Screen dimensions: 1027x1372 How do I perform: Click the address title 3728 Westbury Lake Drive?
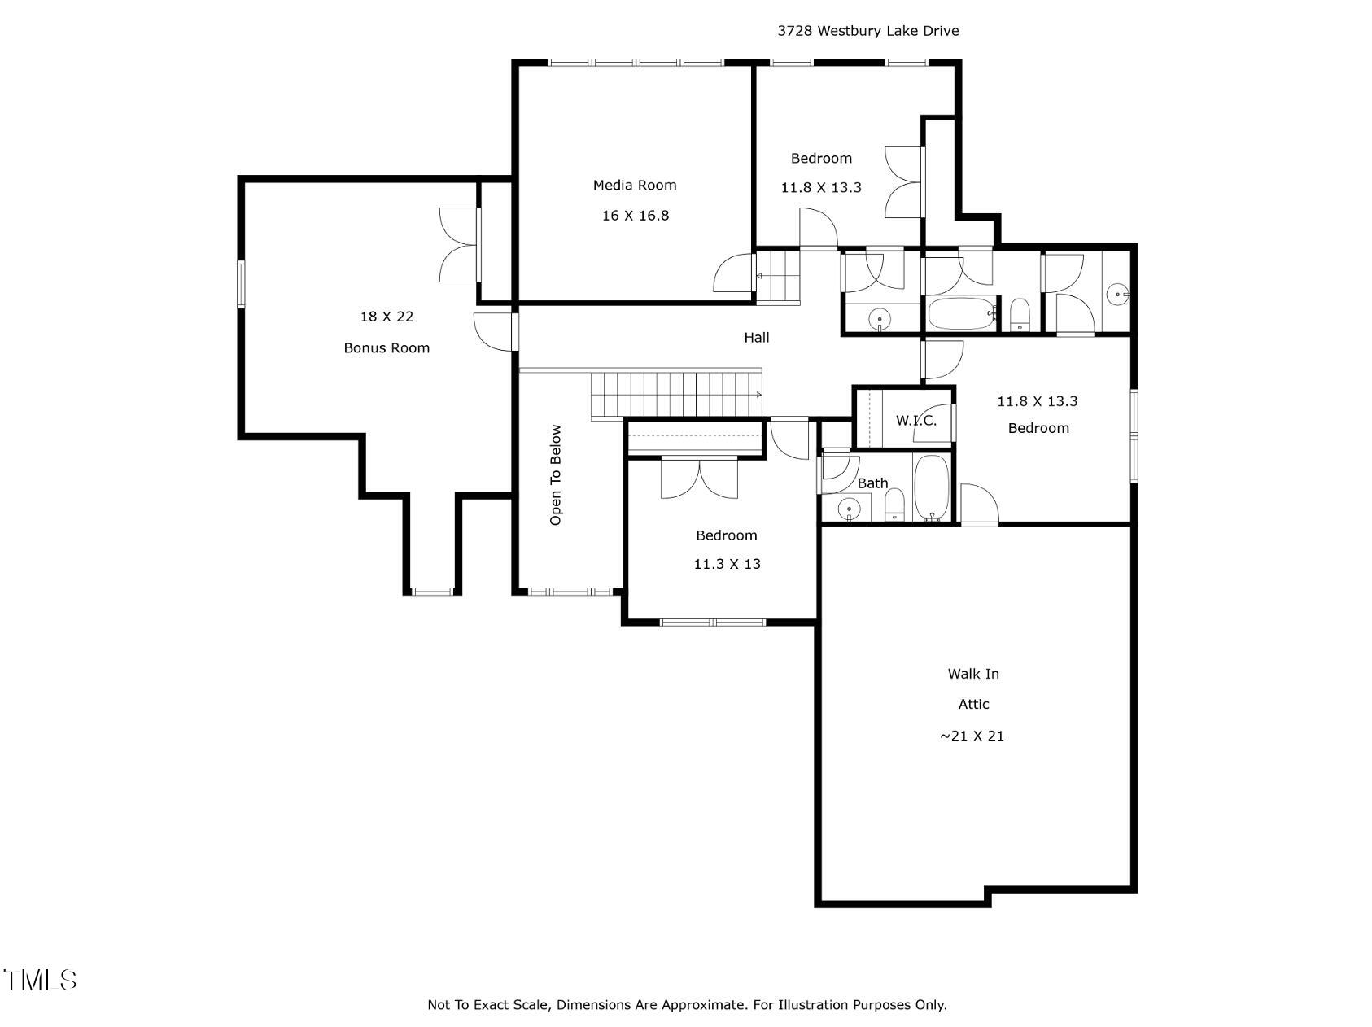pyautogui.click(x=867, y=31)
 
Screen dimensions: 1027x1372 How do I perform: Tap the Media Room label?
pyautogui.click(x=635, y=186)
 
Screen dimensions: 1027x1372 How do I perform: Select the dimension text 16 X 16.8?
pyautogui.click(x=635, y=216)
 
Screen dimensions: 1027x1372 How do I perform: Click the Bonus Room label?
pyautogui.click(x=387, y=348)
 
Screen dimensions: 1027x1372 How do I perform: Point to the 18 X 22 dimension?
pyautogui.click(x=387, y=317)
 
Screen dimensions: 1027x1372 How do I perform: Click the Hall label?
pyautogui.click(x=756, y=338)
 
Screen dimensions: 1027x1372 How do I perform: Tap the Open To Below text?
pyautogui.click(x=556, y=475)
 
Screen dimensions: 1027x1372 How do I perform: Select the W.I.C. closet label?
pyautogui.click(x=916, y=421)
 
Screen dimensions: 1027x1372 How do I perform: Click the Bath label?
pyautogui.click(x=872, y=483)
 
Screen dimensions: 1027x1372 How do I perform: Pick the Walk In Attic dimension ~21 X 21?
pyautogui.click(x=972, y=736)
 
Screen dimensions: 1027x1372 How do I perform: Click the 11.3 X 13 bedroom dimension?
pyautogui.click(x=727, y=564)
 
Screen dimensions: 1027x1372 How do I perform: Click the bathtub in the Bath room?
pyautogui.click(x=931, y=487)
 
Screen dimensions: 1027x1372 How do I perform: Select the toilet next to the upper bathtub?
pyautogui.click(x=1020, y=315)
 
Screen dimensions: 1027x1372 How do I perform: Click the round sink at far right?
pyautogui.click(x=1119, y=295)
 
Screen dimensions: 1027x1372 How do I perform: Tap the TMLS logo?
pyautogui.click(x=40, y=980)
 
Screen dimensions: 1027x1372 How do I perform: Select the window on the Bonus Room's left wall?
pyautogui.click(x=241, y=284)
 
